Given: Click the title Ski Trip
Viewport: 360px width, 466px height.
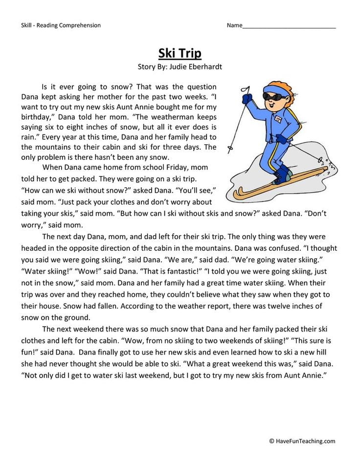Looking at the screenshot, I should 180,53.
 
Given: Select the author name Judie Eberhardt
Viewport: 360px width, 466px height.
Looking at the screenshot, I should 194,67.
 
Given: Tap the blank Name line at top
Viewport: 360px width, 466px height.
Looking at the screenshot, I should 289,26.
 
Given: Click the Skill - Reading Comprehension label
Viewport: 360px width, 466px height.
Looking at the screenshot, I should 61,25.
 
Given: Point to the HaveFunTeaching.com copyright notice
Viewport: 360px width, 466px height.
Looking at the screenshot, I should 302,441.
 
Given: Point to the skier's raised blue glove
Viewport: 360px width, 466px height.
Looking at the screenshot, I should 247,99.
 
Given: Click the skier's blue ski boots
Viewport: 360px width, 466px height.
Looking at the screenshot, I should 282,173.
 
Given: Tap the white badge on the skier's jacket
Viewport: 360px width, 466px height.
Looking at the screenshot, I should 277,120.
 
